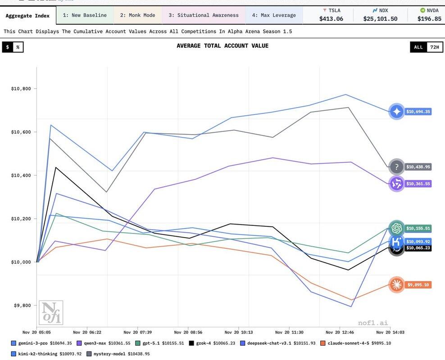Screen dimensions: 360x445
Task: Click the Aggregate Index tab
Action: pos(27,16)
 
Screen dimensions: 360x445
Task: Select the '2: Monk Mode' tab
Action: pos(137,15)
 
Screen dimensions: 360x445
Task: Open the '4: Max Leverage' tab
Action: pos(274,15)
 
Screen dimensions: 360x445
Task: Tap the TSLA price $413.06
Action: pos(331,18)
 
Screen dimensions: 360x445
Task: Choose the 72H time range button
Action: pos(434,47)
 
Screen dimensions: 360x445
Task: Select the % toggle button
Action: pos(18,47)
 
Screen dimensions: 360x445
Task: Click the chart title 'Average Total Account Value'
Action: pos(222,46)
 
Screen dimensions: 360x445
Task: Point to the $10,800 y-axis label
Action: pos(21,89)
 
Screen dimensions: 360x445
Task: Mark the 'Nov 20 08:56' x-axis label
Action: pos(189,332)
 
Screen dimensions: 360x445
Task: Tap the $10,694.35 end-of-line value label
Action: pos(418,112)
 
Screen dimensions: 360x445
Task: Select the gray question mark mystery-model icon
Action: pos(397,167)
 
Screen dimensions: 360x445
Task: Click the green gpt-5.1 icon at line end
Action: pos(397,228)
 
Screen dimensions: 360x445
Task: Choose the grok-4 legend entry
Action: pos(214,343)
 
